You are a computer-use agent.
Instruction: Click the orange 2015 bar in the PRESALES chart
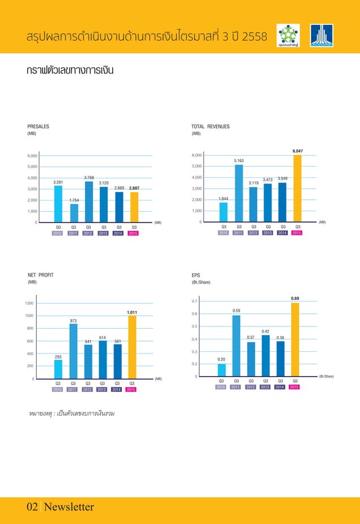(134, 207)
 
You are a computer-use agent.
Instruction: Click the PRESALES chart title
(38, 126)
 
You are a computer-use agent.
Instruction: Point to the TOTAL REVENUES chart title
(210, 126)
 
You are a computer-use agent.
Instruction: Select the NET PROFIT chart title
(41, 275)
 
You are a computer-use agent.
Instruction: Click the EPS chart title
(196, 275)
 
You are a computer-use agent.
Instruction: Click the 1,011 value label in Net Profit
(131, 312)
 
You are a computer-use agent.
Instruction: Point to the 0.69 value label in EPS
(295, 298)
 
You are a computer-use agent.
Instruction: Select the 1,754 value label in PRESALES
(73, 200)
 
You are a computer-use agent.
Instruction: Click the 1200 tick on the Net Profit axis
(29, 304)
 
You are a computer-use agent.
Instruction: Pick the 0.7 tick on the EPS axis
(194, 302)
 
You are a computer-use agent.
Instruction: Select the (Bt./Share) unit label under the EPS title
(201, 282)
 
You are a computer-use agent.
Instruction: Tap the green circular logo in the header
(288, 36)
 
